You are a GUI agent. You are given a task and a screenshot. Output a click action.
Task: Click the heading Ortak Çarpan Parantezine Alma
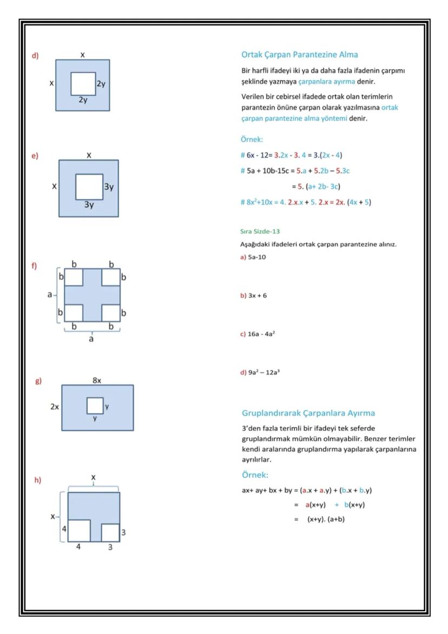tap(299, 55)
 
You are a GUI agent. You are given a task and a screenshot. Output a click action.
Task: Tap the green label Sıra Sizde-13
tap(260, 231)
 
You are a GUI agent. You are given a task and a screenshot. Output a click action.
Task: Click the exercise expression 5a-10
tap(256, 257)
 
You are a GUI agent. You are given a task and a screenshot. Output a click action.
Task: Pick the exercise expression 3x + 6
tap(257, 296)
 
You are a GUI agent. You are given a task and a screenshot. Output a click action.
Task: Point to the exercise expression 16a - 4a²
tap(261, 334)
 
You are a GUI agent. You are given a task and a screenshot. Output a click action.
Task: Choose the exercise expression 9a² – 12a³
tap(263, 372)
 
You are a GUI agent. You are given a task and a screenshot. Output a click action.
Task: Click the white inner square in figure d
tap(83, 83)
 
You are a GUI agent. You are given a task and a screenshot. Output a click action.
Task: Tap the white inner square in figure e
tap(89, 187)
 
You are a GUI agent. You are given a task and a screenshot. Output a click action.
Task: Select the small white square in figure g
tap(95, 406)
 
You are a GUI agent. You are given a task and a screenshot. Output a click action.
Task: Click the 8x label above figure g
tap(97, 381)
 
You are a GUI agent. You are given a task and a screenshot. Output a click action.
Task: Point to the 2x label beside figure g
tap(55, 407)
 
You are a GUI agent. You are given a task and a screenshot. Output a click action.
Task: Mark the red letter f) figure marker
tap(34, 266)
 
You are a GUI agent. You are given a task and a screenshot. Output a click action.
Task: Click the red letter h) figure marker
tap(38, 480)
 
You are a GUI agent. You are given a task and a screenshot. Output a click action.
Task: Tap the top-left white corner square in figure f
tap(74, 277)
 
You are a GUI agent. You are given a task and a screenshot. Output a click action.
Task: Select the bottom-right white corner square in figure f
tap(110, 313)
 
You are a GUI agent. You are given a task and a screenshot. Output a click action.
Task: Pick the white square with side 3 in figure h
tap(110, 532)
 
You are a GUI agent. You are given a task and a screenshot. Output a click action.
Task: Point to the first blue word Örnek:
tap(252, 139)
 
